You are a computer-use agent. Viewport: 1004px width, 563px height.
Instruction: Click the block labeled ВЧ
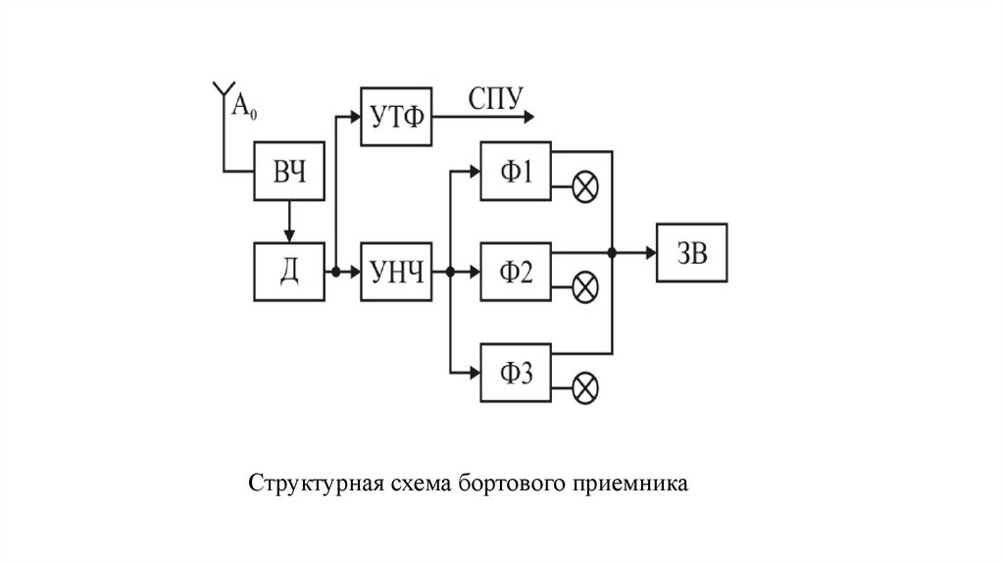tap(289, 172)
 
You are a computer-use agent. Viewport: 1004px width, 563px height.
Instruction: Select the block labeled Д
tap(289, 272)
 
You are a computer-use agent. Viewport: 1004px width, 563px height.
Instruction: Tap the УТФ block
tap(397, 117)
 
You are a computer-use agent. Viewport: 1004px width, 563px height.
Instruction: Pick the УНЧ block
tap(397, 272)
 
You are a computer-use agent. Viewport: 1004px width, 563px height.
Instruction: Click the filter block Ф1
tap(516, 172)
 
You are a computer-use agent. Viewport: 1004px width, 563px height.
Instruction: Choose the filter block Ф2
tap(516, 272)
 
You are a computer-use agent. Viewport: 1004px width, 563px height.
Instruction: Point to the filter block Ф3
tap(516, 374)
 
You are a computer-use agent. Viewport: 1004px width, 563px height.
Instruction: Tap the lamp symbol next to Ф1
tap(585, 187)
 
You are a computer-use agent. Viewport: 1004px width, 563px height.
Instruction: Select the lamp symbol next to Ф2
tap(585, 287)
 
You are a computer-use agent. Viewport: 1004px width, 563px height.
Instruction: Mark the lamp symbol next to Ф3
tap(585, 387)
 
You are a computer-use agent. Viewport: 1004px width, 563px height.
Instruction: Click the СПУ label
tap(497, 98)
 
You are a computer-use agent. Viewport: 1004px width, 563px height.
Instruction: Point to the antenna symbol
tap(221, 94)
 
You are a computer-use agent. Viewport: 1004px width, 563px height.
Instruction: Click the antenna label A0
tap(244, 105)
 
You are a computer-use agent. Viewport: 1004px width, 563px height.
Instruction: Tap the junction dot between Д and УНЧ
tap(335, 272)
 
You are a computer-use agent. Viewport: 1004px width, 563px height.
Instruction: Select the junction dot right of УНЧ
tap(448, 272)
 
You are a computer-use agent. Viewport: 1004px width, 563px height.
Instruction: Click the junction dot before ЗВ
tap(612, 253)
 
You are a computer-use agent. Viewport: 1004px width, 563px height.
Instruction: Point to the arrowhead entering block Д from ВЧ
tap(289, 234)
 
